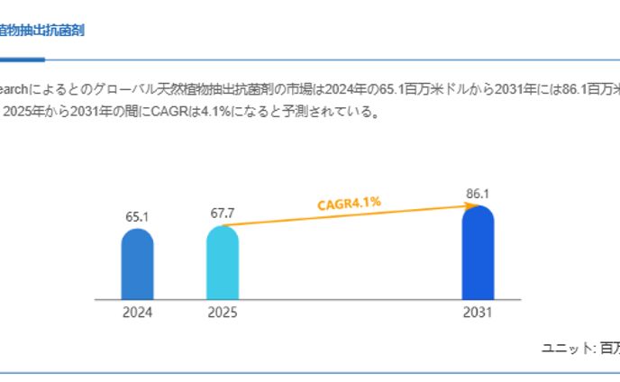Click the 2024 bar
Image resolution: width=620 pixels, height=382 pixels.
point(137,264)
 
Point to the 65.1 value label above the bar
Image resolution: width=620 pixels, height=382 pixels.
point(137,217)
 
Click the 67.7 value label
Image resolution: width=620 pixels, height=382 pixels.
point(223,213)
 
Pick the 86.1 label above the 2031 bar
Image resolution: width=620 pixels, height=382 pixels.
point(478,194)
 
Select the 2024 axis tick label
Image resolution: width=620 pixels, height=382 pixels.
point(137,313)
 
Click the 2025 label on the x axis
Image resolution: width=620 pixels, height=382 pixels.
point(223,313)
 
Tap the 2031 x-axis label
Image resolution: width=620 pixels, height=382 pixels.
point(478,313)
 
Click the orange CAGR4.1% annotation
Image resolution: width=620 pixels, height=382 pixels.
point(349,204)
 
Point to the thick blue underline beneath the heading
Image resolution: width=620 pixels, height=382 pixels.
point(22,59)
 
